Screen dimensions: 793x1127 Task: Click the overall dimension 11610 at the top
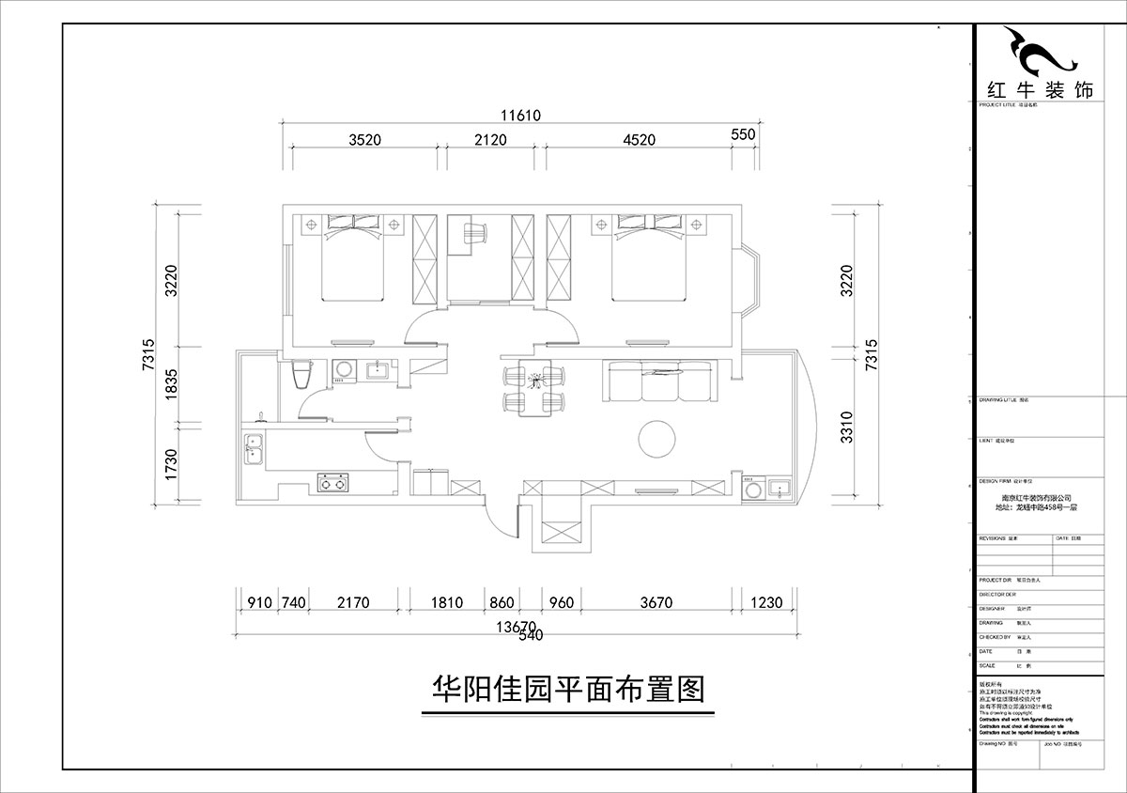(x=521, y=116)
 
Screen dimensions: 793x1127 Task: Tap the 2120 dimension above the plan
(x=489, y=140)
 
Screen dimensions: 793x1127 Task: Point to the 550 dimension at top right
(x=743, y=134)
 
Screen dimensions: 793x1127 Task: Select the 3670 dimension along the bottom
(x=656, y=603)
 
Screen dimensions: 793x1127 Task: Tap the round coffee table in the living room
(x=658, y=437)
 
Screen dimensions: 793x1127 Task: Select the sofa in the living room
(x=661, y=381)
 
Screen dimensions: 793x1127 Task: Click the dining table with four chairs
(x=536, y=388)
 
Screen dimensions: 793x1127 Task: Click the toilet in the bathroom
(x=301, y=375)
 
